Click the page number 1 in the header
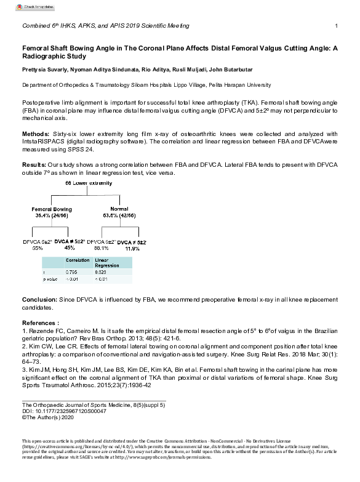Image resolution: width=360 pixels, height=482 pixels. click(x=336, y=25)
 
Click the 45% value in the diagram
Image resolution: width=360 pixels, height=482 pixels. click(x=69, y=247)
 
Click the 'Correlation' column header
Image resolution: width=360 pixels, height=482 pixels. click(x=78, y=261)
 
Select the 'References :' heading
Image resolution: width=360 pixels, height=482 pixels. click(x=41, y=323)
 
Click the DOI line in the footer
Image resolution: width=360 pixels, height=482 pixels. click(x=60, y=411)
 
